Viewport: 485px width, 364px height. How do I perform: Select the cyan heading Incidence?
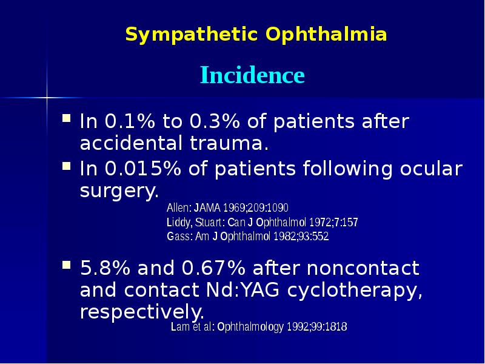pyautogui.click(x=252, y=76)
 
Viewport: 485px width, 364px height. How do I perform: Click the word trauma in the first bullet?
pyautogui.click(x=235, y=144)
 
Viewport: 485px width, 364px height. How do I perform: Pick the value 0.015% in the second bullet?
pyautogui.click(x=140, y=168)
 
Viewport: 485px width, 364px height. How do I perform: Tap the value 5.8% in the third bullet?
pyautogui.click(x=107, y=267)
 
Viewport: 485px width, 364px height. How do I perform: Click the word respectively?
pyautogui.click(x=141, y=312)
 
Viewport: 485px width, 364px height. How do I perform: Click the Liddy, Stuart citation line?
pyautogui.click(x=262, y=222)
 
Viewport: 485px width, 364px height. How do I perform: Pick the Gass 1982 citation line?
pyautogui.click(x=247, y=237)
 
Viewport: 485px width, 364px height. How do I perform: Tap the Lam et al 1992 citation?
pyautogui.click(x=259, y=328)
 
